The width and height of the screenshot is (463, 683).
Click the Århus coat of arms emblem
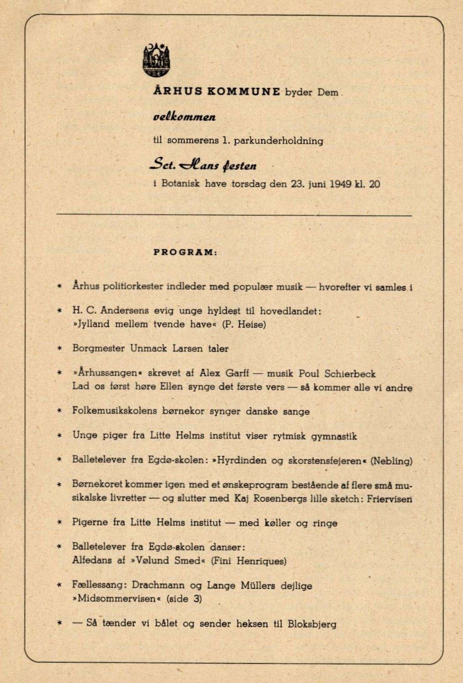pos(157,60)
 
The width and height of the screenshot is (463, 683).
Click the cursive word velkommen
pos(184,117)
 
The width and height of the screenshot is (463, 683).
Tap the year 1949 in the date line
pos(340,184)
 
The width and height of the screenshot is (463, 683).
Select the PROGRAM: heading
pos(185,252)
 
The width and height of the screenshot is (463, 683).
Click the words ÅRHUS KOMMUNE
pos(217,92)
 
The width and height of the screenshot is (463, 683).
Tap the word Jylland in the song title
pos(91,324)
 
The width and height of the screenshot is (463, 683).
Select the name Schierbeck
pos(350,373)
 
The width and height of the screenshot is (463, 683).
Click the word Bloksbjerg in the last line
pos(312,624)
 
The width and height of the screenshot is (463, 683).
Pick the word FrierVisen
pos(389,498)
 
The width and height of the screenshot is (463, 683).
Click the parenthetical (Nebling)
pos(391,460)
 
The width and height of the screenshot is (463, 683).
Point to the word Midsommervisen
pos(117,599)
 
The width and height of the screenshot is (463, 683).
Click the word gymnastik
pos(334,436)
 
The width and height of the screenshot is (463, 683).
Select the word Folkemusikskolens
pos(114,411)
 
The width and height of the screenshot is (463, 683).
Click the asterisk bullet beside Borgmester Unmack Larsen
pos(60,348)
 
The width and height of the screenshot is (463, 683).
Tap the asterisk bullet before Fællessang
pos(60,585)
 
